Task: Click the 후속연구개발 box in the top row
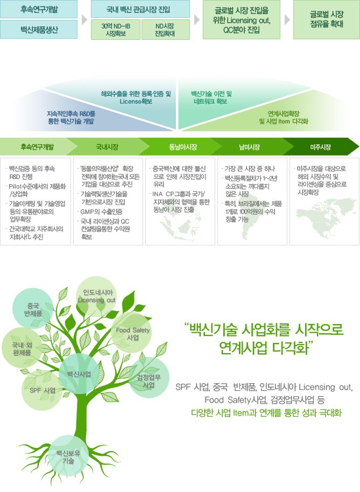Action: pyautogui.click(x=39, y=9)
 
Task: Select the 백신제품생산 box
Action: pyautogui.click(x=39, y=30)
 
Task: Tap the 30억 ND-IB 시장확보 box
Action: pyautogui.click(x=115, y=30)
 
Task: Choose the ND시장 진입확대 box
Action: pyautogui.click(x=166, y=30)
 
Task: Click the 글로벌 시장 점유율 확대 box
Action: pyautogui.click(x=327, y=19)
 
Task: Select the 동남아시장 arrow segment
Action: pyautogui.click(x=182, y=146)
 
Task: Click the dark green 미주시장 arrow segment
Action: pyautogui.click(x=321, y=146)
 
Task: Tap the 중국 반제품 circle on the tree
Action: pyautogui.click(x=33, y=309)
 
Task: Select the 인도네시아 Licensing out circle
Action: pyautogui.click(x=96, y=297)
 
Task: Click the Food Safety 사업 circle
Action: pyautogui.click(x=132, y=333)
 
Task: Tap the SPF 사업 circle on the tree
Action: pyautogui.click(x=43, y=390)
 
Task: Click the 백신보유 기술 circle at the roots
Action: pyautogui.click(x=68, y=456)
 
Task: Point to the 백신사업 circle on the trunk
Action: pyautogui.click(x=79, y=374)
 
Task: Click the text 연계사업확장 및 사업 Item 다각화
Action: pyautogui.click(x=284, y=118)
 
